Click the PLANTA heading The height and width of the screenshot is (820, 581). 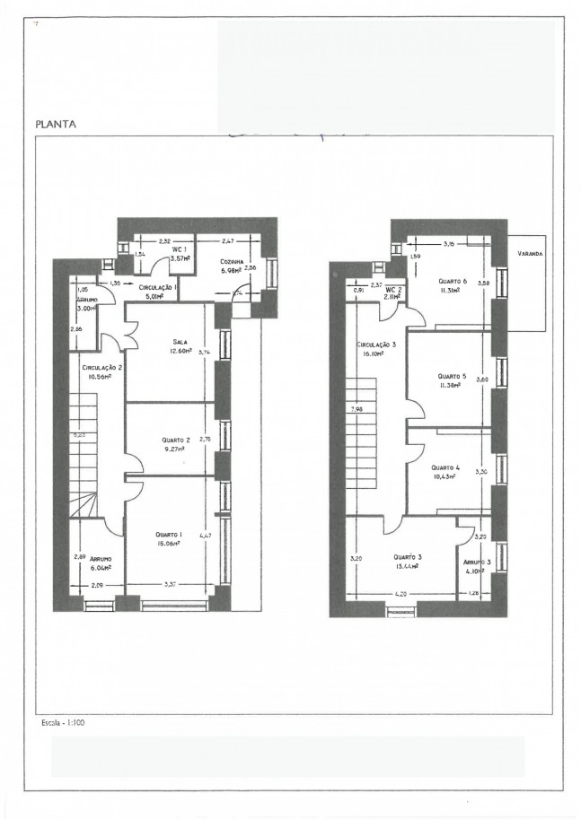tap(56, 125)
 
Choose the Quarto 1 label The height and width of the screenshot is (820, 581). tap(168, 535)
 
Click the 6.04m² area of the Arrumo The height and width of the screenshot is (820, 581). tap(92, 567)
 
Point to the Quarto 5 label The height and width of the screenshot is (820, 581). tap(451, 376)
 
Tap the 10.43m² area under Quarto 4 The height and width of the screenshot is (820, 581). tap(443, 476)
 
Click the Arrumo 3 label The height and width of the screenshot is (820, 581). tap(476, 561)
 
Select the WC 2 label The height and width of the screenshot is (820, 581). tap(391, 290)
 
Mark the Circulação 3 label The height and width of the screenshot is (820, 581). tap(375, 344)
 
